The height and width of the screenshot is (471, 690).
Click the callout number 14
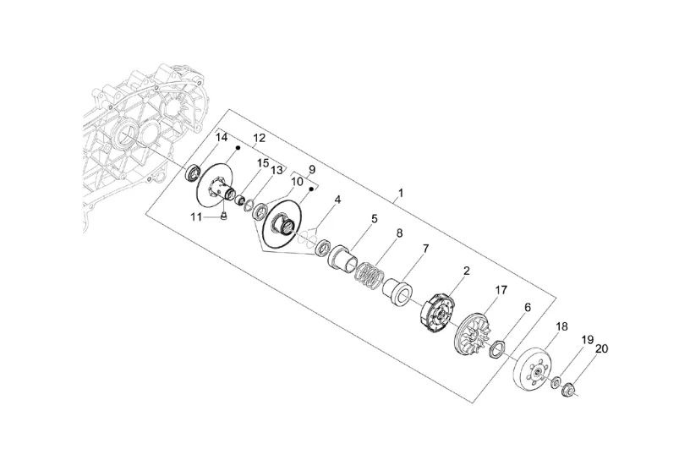coord(222,137)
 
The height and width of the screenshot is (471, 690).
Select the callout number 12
coord(260,138)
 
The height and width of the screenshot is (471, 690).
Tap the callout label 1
coord(401,193)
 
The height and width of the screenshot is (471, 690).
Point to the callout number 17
coord(501,290)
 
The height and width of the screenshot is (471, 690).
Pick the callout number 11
coord(196,216)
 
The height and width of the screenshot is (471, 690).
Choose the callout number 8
coord(400,233)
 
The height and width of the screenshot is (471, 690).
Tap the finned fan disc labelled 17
coord(472,332)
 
